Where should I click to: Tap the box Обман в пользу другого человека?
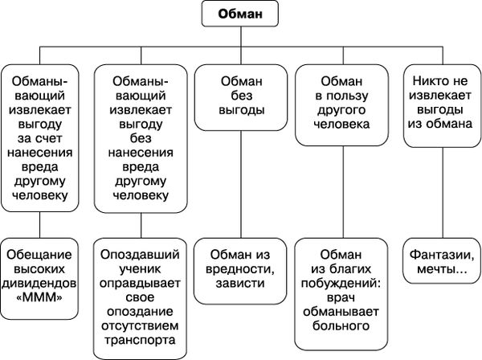click(344, 103)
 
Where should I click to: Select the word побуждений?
click(344, 282)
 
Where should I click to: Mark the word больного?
click(344, 326)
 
